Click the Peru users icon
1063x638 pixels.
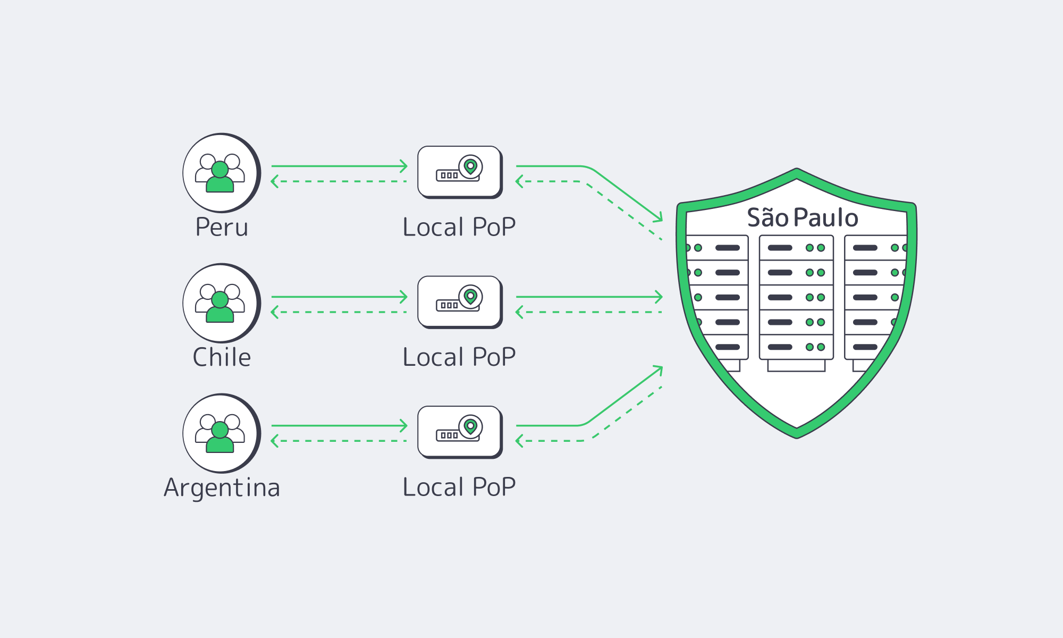coord(221,173)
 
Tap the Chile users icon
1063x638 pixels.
coord(221,303)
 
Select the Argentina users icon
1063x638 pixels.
coord(221,433)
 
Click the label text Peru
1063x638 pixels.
coord(222,228)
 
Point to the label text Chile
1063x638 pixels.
coord(222,357)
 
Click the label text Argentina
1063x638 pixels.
coord(222,488)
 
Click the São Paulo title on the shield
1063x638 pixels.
coord(802,218)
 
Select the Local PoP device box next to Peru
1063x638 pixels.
coord(459,171)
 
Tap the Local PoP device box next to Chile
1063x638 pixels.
coord(459,301)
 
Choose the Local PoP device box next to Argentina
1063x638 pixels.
coord(459,431)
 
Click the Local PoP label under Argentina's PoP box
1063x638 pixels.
coord(459,487)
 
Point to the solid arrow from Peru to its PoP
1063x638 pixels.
coord(339,166)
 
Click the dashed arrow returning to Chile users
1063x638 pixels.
coord(339,312)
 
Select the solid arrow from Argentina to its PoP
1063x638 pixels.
coord(339,425)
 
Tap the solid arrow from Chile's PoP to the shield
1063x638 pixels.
coord(589,297)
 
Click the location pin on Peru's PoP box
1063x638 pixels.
coord(470,166)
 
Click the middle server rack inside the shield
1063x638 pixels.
coord(796,298)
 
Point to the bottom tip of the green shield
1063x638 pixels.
coord(797,435)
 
